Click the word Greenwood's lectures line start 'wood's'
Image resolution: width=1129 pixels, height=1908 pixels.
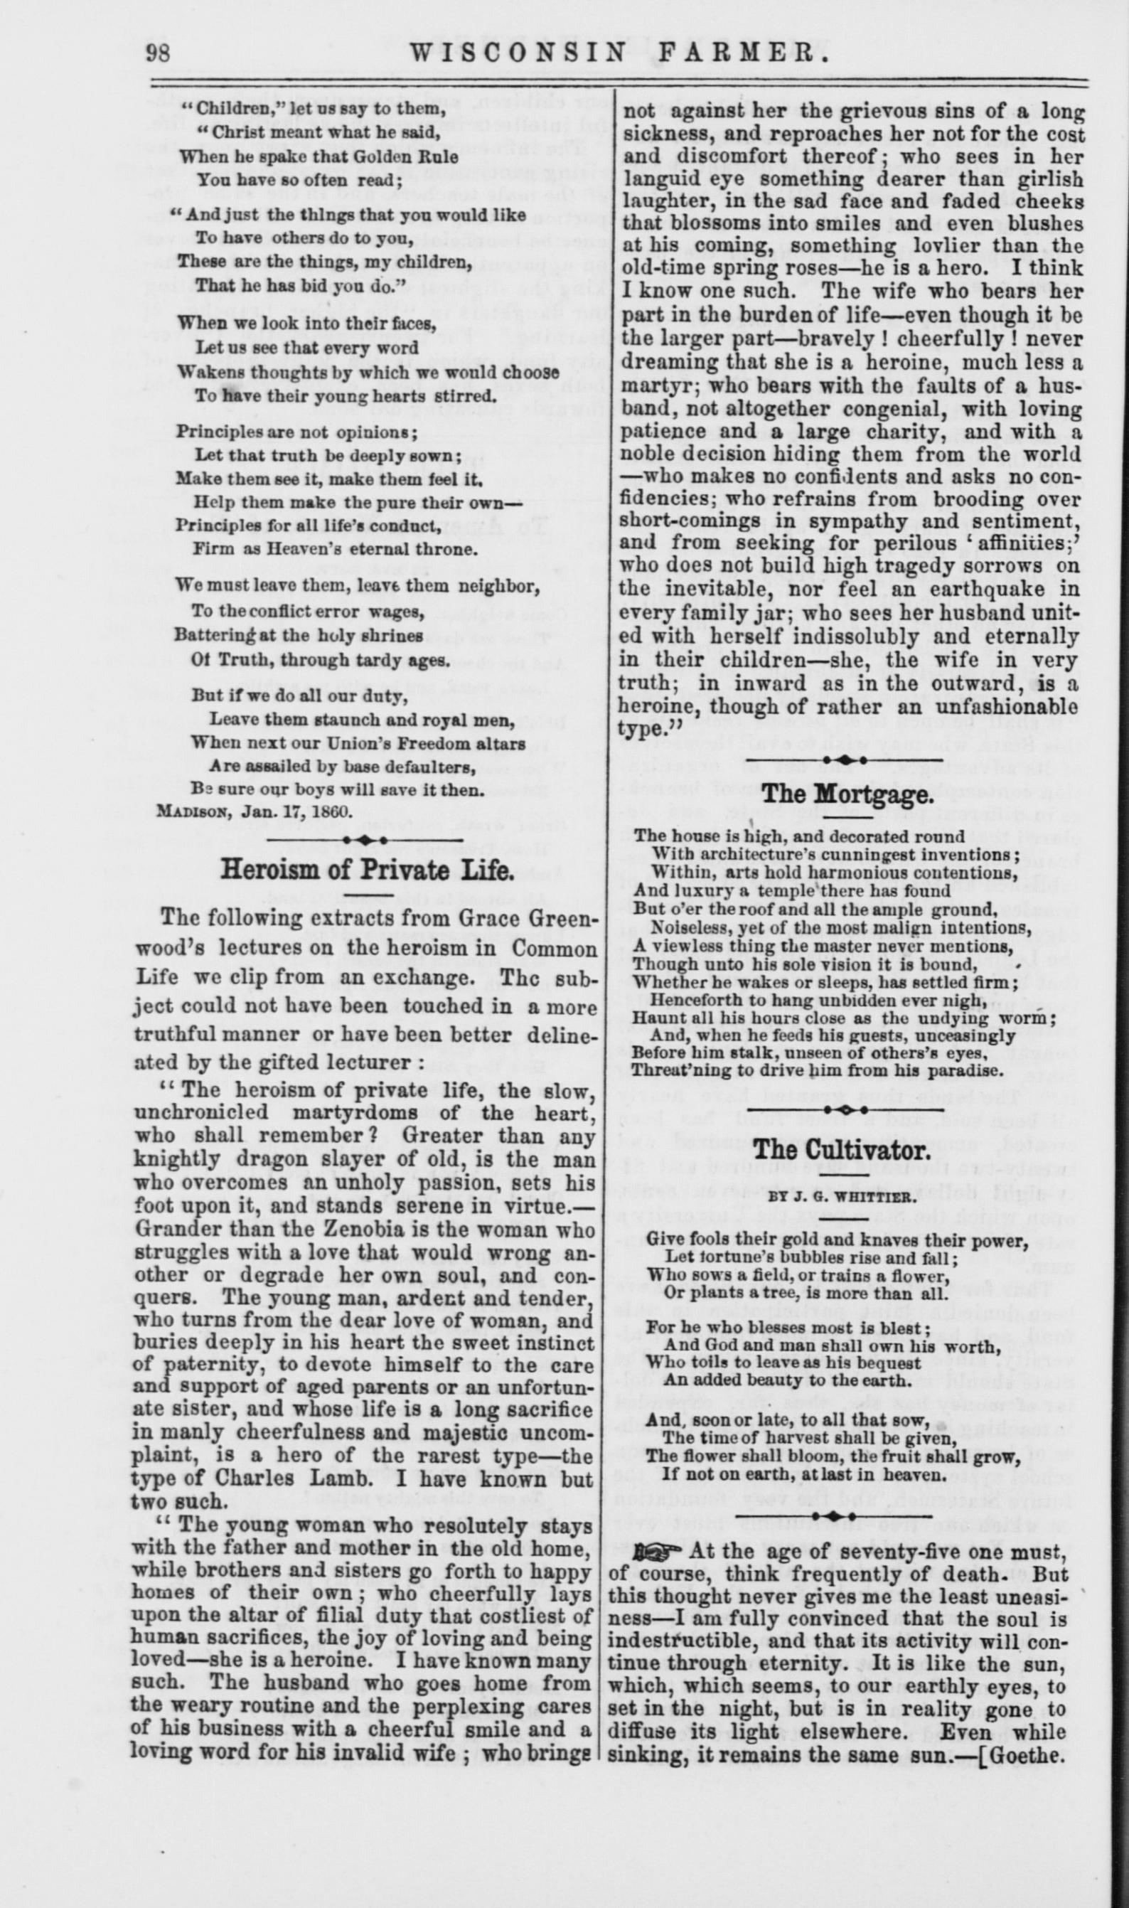click(174, 950)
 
